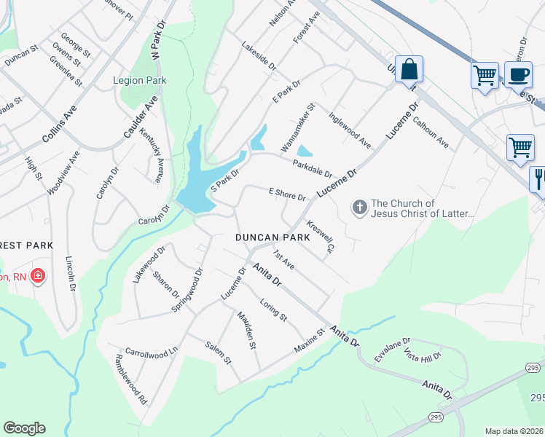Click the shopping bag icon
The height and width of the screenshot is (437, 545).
(x=409, y=70)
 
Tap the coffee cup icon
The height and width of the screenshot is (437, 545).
(x=517, y=75)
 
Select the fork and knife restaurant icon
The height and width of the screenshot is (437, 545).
(x=539, y=178)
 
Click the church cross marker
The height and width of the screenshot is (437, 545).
(x=358, y=208)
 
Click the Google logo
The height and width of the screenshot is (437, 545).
(x=24, y=428)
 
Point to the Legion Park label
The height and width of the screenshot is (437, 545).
(x=140, y=80)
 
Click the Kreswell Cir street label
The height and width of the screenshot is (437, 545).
(x=319, y=237)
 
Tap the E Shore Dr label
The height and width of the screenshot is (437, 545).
(x=286, y=194)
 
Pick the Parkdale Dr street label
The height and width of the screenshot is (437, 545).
(x=313, y=169)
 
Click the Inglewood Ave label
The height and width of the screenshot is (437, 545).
(x=350, y=128)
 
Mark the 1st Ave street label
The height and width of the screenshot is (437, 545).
(x=283, y=258)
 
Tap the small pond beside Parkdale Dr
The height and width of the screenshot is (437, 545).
(x=305, y=151)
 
